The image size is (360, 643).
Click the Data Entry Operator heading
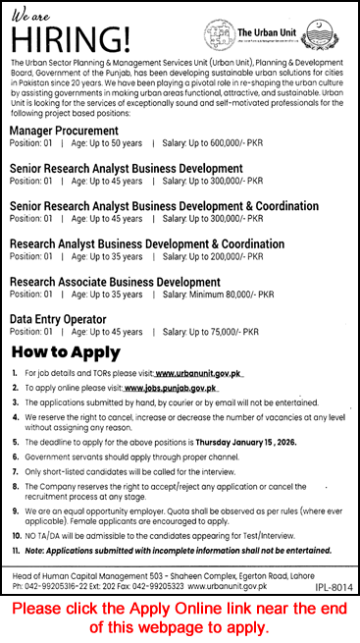(x=61, y=319)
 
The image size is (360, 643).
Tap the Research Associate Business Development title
(x=115, y=283)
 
